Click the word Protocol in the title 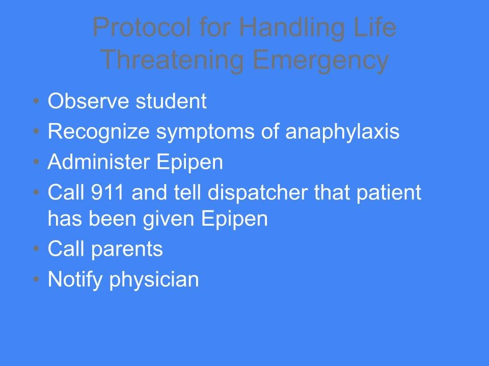pyautogui.click(x=142, y=27)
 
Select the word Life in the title pyautogui.click(x=374, y=27)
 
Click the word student pyautogui.click(x=171, y=101)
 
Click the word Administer pyautogui.click(x=98, y=162)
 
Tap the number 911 pyautogui.click(x=107, y=192)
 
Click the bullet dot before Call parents pyautogui.click(x=37, y=249)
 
